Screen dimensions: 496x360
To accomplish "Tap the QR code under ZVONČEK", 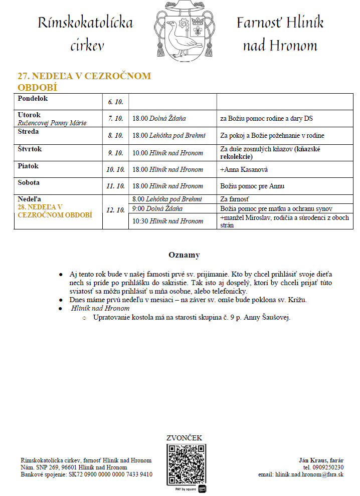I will [x=187, y=463].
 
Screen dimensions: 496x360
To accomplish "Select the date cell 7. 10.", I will [x=115, y=119].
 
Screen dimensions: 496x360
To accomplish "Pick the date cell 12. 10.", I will [x=115, y=210].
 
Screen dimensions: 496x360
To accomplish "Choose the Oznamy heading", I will [x=184, y=255].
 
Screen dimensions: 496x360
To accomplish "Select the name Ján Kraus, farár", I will [x=321, y=460].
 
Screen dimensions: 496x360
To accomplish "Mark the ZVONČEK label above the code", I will [x=184, y=438].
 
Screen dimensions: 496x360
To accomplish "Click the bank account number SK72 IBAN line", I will [x=86, y=474].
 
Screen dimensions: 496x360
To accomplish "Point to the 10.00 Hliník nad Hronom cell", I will [x=167, y=153].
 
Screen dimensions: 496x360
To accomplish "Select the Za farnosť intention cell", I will [x=234, y=199].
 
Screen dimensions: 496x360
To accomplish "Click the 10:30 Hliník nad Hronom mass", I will [x=167, y=221].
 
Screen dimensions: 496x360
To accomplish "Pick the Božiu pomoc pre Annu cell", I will [x=252, y=186].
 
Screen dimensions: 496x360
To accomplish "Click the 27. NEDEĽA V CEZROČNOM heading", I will [x=84, y=76].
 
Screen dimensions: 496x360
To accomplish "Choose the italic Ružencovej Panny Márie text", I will [x=52, y=123].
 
